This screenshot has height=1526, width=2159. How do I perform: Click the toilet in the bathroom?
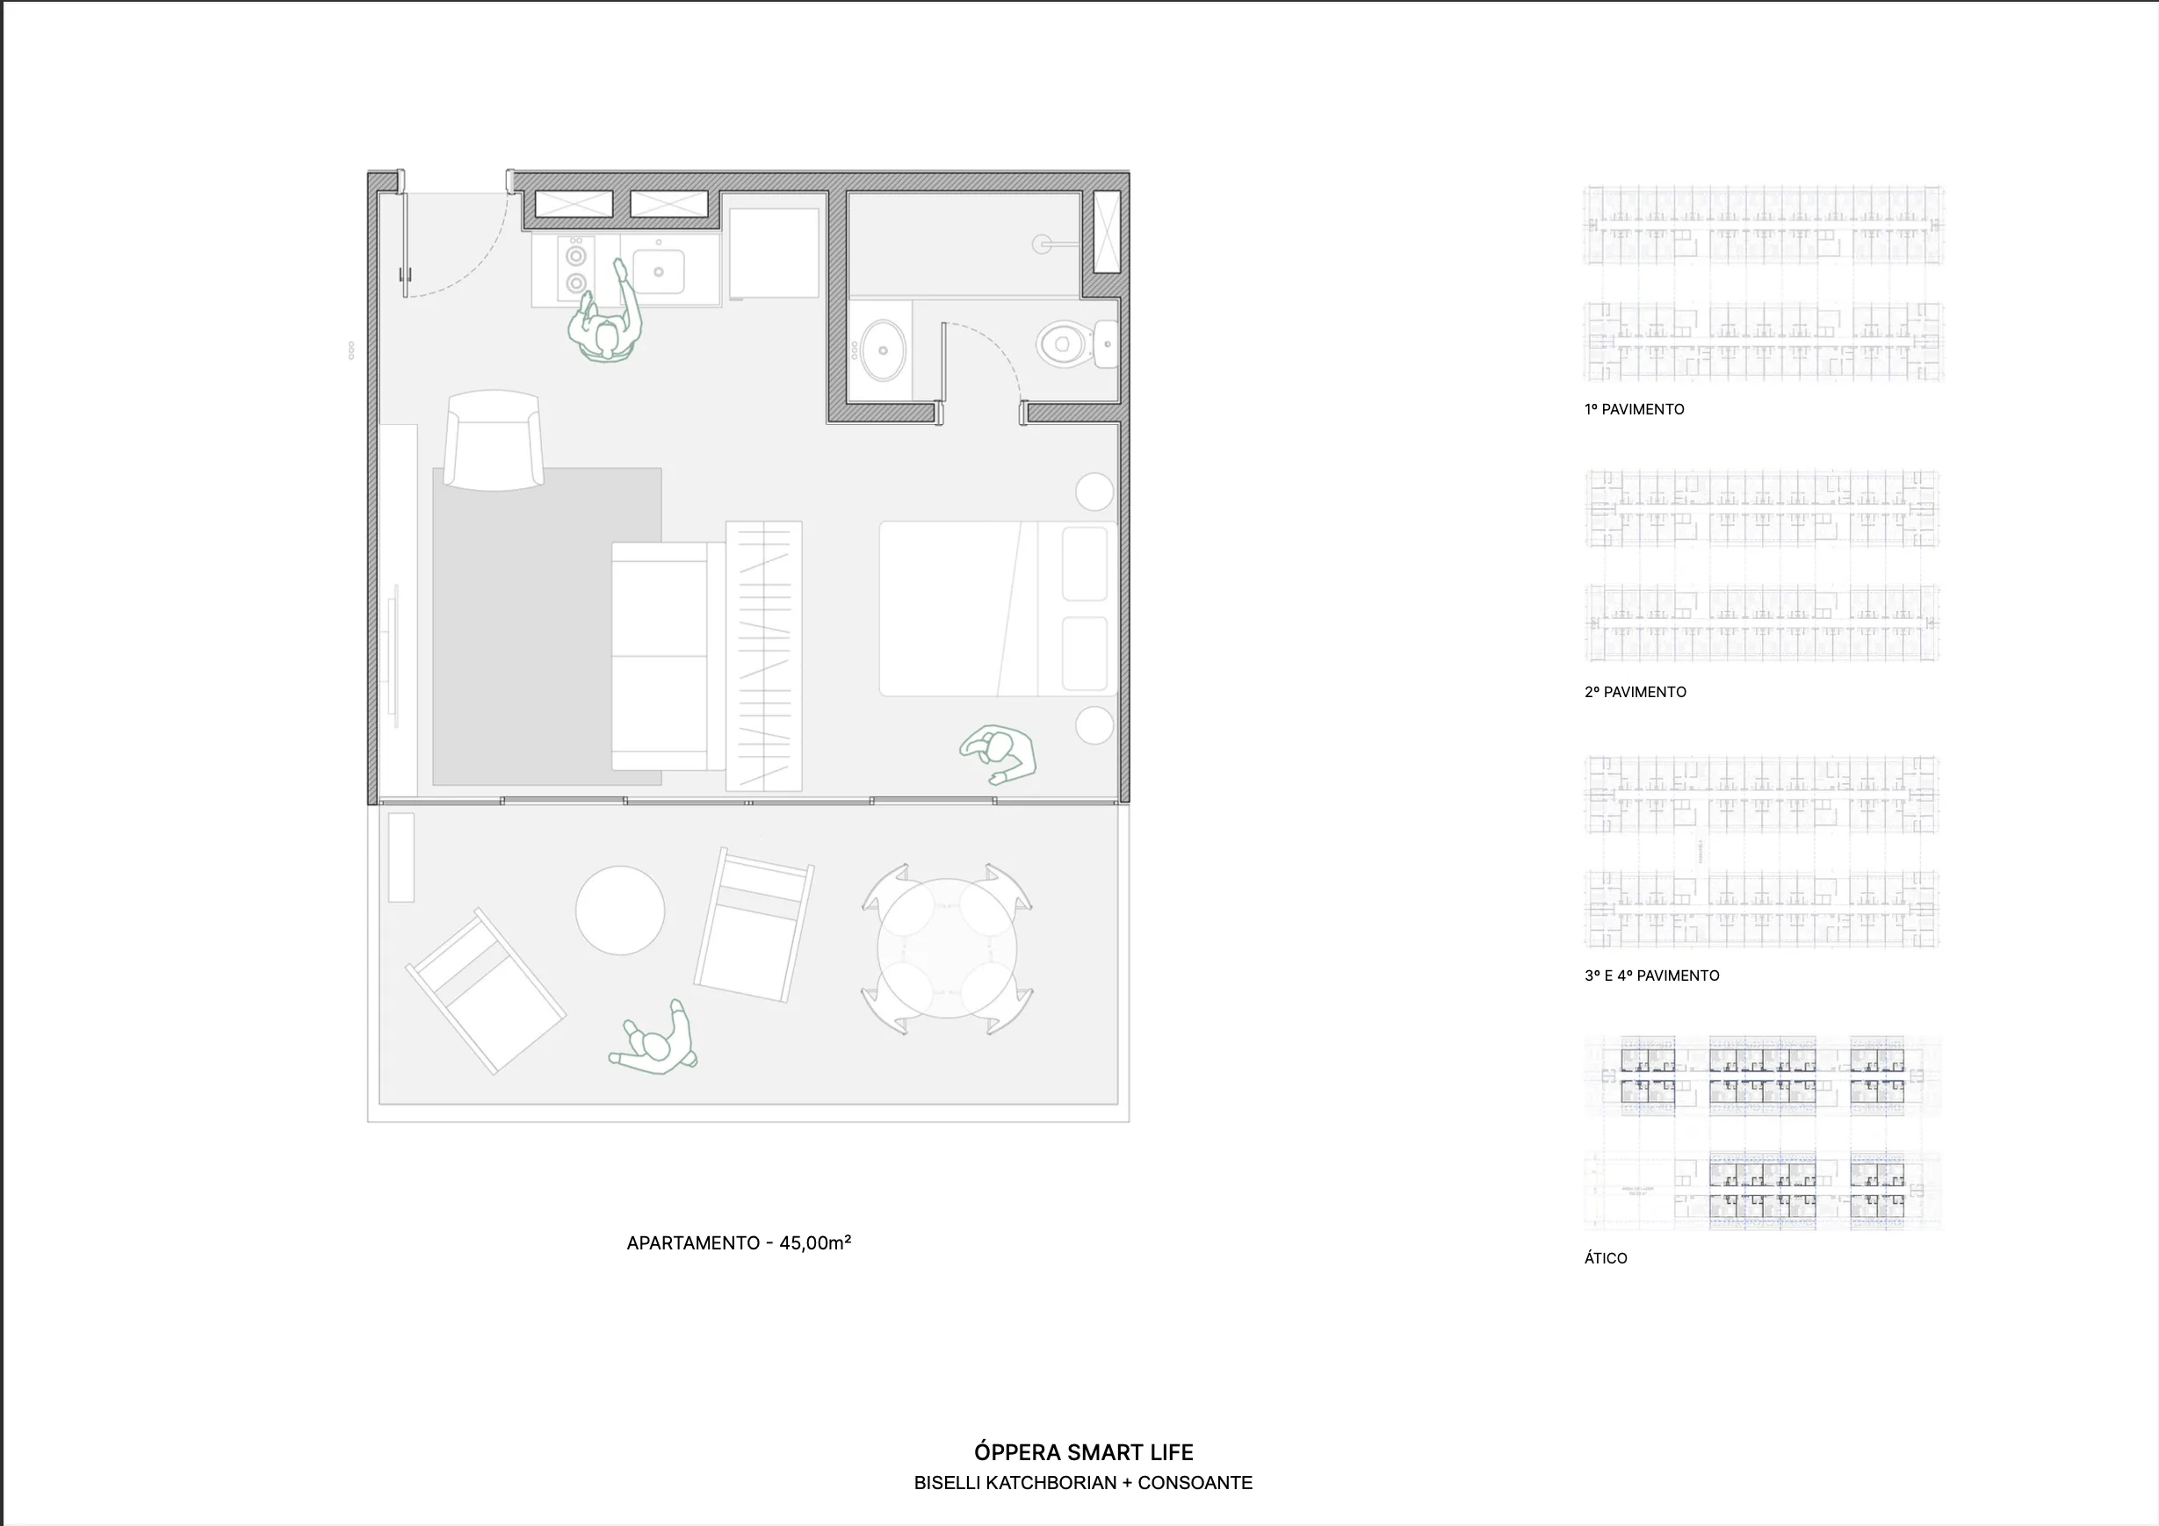(1067, 343)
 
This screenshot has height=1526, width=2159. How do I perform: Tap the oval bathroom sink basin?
(883, 349)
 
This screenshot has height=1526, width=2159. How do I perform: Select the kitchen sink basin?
(658, 271)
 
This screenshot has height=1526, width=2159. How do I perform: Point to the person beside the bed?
(1000, 753)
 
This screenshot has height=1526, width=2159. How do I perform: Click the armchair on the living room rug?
(494, 440)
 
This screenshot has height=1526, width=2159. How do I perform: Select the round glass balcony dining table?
(947, 947)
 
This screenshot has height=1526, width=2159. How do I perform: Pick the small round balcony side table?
(619, 911)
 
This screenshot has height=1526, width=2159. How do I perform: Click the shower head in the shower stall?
(1042, 244)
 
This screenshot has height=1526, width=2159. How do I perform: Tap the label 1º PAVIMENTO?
(1635, 409)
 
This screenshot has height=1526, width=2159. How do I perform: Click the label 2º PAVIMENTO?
(1635, 692)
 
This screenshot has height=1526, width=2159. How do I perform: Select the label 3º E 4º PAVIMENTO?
(1651, 976)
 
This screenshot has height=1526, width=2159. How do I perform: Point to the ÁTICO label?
(1605, 1258)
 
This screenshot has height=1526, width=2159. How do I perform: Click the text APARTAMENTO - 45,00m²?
(739, 1243)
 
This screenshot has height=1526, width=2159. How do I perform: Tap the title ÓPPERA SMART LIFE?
(1083, 1452)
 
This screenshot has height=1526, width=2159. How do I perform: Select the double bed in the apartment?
(997, 609)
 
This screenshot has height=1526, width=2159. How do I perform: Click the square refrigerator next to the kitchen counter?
(774, 253)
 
